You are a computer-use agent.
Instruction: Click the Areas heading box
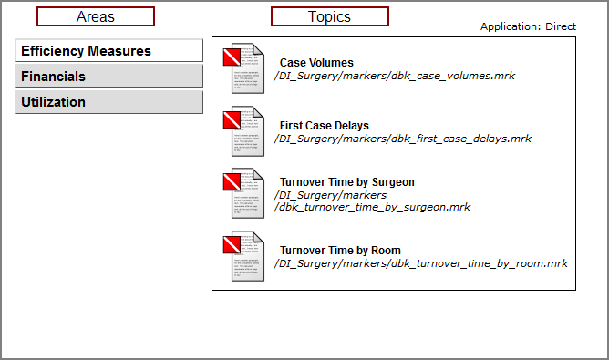click(x=96, y=16)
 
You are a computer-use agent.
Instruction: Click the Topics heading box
click(x=329, y=16)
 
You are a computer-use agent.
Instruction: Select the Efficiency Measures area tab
click(x=109, y=51)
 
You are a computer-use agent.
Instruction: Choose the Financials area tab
click(x=109, y=77)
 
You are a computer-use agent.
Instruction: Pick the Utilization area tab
click(x=109, y=102)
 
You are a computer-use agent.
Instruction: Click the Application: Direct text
click(x=528, y=26)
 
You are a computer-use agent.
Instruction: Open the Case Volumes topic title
click(x=316, y=63)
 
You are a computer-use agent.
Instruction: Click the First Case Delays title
click(x=325, y=126)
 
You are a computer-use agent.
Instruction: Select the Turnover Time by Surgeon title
click(x=346, y=182)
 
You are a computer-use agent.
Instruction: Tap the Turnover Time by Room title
click(x=340, y=251)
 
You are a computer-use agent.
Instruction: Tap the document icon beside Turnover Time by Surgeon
click(x=243, y=193)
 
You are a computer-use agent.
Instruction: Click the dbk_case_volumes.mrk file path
click(x=394, y=76)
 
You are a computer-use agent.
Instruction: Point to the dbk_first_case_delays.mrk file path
click(x=402, y=139)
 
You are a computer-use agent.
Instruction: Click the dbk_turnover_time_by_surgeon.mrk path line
click(x=372, y=207)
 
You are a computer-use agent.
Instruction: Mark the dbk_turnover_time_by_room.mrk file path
click(x=420, y=263)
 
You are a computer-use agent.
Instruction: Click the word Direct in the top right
click(x=561, y=26)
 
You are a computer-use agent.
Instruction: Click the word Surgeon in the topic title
click(x=391, y=182)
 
